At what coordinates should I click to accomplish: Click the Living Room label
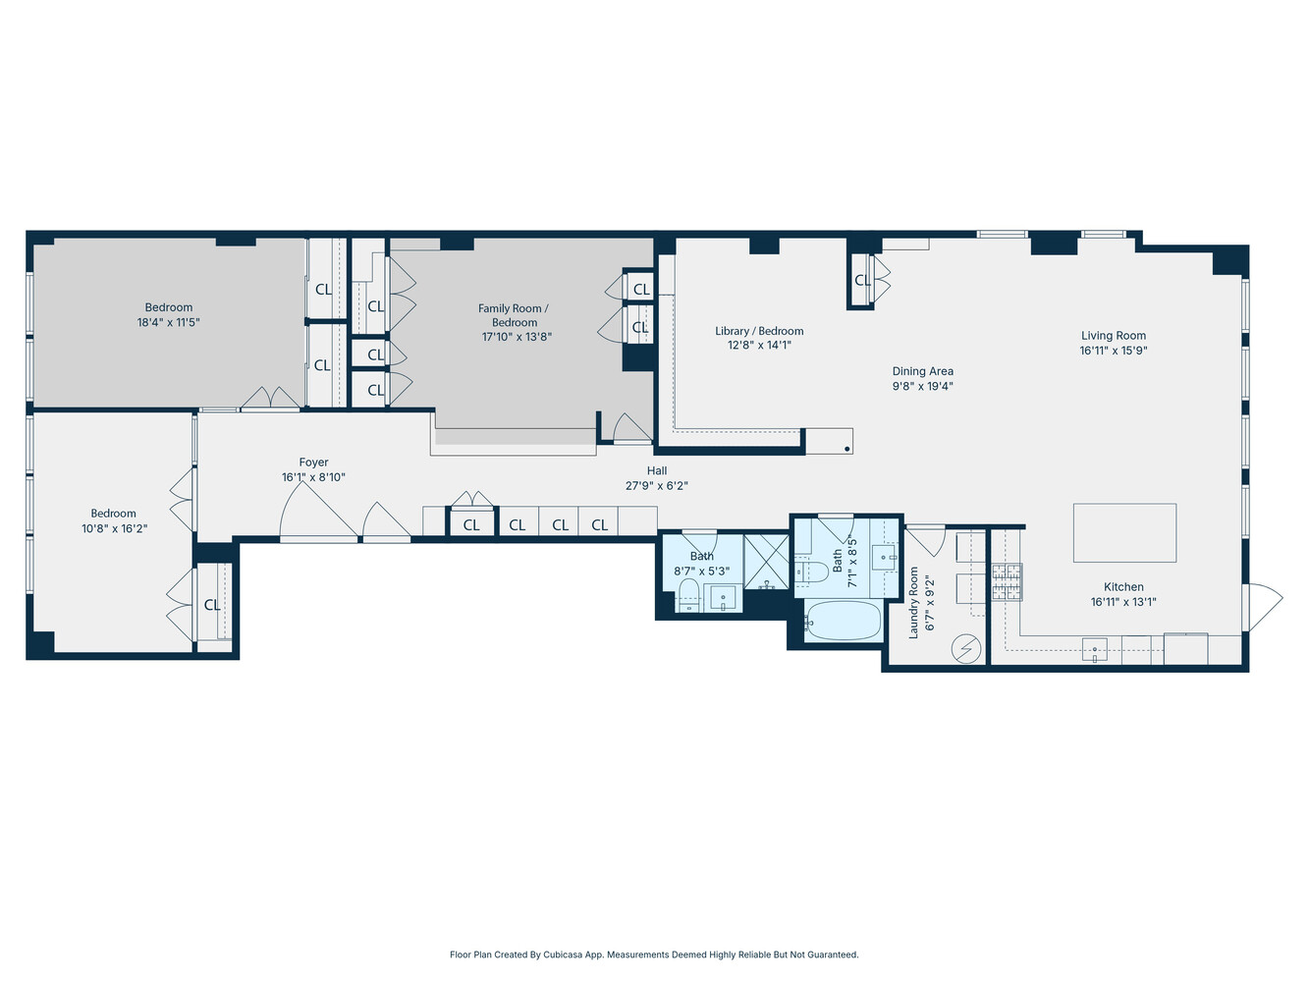1114,335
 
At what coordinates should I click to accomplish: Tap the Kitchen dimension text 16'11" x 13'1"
1123,602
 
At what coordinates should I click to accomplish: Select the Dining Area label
922,371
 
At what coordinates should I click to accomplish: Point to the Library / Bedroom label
759,331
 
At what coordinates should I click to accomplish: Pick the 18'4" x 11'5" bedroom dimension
169,322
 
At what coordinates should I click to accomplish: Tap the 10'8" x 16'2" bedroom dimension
114,528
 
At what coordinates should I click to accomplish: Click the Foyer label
313,463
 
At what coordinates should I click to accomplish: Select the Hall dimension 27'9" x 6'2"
657,485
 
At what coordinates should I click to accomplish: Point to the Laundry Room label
913,602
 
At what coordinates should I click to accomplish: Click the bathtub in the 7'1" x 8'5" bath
843,621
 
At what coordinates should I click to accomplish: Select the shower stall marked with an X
766,561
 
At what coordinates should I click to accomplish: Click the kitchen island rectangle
1124,532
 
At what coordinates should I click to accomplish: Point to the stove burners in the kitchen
1007,581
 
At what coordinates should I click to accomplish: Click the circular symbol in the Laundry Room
967,648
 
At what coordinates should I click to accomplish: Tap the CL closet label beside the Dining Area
862,281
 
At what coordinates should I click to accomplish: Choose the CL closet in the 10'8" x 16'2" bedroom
212,605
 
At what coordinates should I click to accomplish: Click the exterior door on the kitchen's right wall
1263,606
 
